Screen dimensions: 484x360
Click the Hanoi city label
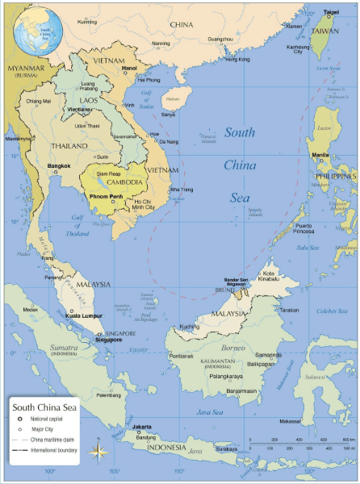pos(129,69)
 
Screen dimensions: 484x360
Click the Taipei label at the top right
pos(331,12)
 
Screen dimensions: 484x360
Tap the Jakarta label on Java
pos(142,426)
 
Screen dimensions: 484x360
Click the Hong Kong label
pos(237,59)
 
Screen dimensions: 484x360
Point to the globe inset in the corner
pos(28,27)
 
